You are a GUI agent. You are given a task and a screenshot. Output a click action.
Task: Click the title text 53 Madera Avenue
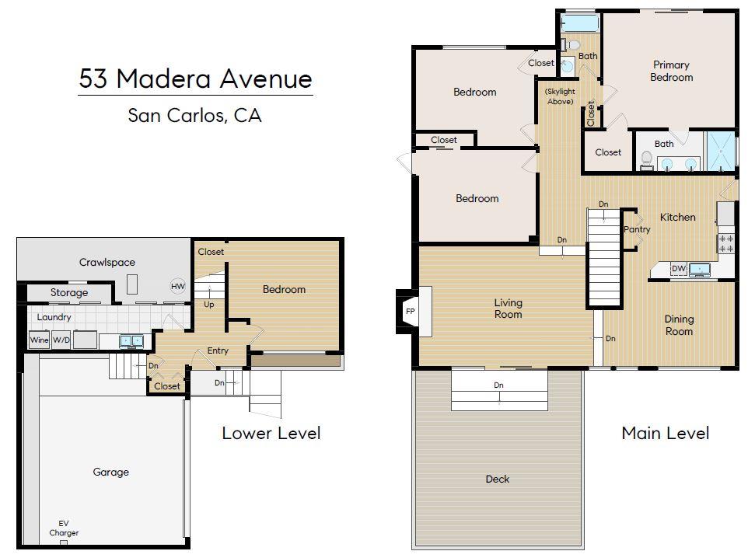click(195, 79)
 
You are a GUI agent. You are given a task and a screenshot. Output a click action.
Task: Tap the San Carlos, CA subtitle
click(194, 117)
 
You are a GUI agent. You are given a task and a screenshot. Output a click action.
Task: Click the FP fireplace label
click(410, 312)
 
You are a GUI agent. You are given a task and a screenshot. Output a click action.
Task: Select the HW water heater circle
click(177, 286)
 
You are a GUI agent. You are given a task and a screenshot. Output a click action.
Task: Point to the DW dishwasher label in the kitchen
click(678, 269)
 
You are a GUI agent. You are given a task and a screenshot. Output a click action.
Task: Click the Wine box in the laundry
click(39, 340)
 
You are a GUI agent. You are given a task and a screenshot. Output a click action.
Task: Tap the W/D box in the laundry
click(61, 340)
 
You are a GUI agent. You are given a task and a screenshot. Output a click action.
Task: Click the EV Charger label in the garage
click(64, 528)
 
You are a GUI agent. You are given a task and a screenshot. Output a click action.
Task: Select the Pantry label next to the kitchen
click(637, 230)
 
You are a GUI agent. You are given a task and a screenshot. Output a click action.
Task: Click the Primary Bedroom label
click(671, 71)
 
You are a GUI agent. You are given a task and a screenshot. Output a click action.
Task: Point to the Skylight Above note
click(559, 96)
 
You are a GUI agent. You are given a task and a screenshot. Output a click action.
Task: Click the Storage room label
click(69, 293)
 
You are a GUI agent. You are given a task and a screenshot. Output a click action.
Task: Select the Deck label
click(498, 479)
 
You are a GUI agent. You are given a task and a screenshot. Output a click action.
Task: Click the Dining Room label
click(679, 325)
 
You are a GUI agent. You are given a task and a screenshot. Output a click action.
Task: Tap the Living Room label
click(509, 309)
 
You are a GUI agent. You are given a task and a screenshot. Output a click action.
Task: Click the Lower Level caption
click(271, 433)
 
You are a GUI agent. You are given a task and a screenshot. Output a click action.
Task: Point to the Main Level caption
click(665, 433)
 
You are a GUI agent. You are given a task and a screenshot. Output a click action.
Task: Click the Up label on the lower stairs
click(209, 305)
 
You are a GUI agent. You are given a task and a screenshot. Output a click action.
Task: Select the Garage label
click(111, 472)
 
